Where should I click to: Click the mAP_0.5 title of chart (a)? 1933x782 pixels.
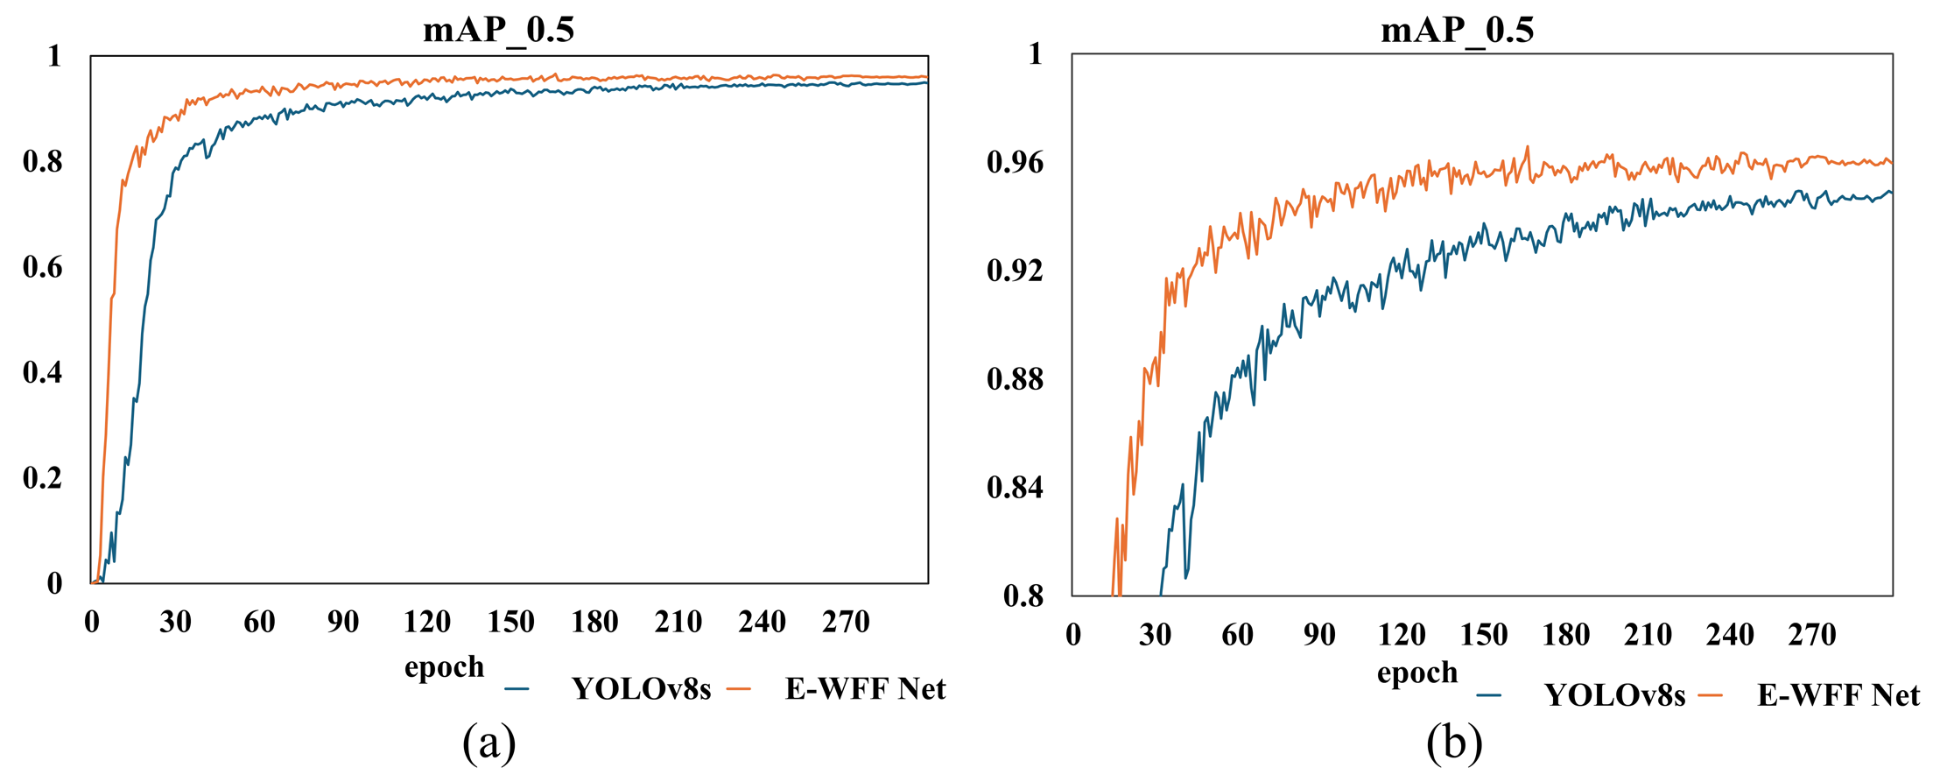pyautogui.click(x=498, y=30)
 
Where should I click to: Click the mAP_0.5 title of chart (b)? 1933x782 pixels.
pyautogui.click(x=1457, y=30)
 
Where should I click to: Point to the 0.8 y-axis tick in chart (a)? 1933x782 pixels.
pyautogui.click(x=43, y=162)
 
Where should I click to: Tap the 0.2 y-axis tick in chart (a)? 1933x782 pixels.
pyautogui.click(x=43, y=478)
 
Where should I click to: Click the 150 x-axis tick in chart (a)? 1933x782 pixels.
pyautogui.click(x=510, y=623)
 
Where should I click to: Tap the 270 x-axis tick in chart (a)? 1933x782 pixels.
pyautogui.click(x=846, y=623)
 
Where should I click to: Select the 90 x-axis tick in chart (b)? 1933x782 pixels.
pyautogui.click(x=1319, y=635)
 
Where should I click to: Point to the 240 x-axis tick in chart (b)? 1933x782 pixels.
pyautogui.click(x=1730, y=635)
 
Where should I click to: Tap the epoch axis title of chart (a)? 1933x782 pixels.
pyautogui.click(x=444, y=667)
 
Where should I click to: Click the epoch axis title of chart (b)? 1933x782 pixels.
pyautogui.click(x=1417, y=673)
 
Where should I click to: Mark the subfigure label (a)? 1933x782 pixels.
pyautogui.click(x=489, y=743)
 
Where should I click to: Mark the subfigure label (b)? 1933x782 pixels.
pyautogui.click(x=1454, y=743)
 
